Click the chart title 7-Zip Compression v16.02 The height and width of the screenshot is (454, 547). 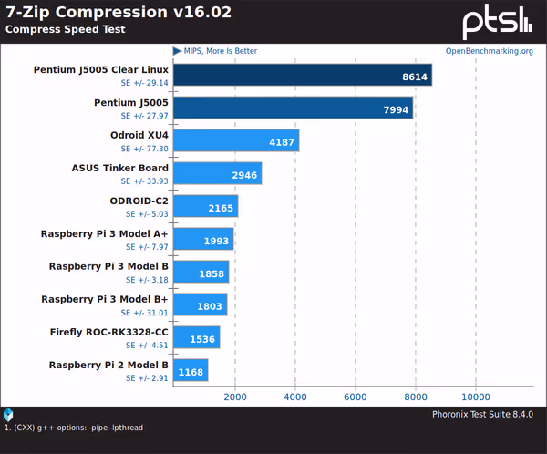pyautogui.click(x=119, y=12)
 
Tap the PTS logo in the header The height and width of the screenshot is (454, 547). pyautogui.click(x=496, y=22)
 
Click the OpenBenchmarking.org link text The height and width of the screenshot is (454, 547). pyautogui.click(x=490, y=51)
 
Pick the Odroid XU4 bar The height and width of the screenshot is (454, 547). pyautogui.click(x=235, y=141)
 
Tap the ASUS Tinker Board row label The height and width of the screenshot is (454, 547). pyautogui.click(x=119, y=168)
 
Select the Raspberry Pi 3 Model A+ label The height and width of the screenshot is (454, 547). pyautogui.click(x=105, y=233)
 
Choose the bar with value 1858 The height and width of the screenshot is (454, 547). pyautogui.click(x=200, y=273)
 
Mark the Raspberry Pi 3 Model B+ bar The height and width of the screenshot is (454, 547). pyautogui.click(x=199, y=305)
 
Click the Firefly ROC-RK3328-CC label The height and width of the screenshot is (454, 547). pyautogui.click(x=109, y=332)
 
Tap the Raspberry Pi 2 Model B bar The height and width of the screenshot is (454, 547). pyautogui.click(x=190, y=370)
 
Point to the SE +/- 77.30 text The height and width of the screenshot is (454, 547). pyautogui.click(x=145, y=149)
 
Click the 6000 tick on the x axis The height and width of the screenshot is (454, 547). pyautogui.click(x=355, y=397)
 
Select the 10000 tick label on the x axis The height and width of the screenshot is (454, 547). pyautogui.click(x=475, y=397)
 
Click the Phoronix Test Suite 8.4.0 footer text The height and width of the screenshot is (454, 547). pyautogui.click(x=488, y=415)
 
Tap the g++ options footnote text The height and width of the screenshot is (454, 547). pyautogui.click(x=74, y=428)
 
